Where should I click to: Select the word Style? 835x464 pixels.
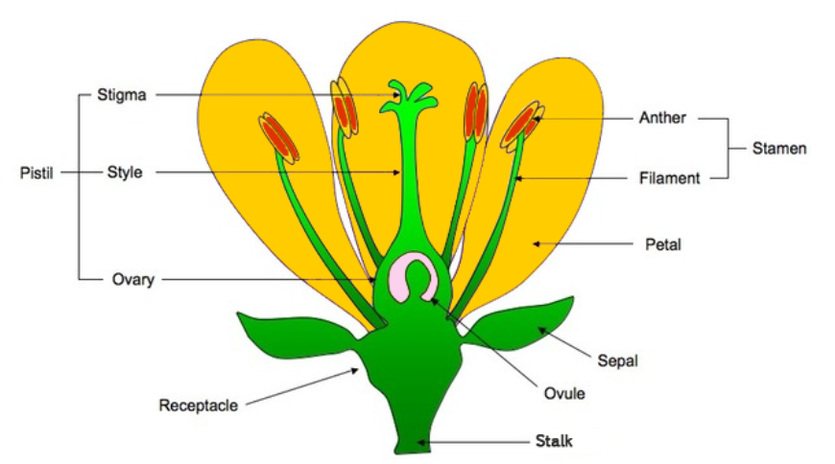tap(125, 173)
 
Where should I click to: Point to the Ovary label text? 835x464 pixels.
tap(131, 280)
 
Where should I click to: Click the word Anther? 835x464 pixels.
tap(662, 119)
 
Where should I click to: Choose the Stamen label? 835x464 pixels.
tap(778, 149)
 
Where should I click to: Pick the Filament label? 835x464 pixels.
tap(669, 178)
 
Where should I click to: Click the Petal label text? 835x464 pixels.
tap(662, 244)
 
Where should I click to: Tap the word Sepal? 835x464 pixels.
tap(617, 361)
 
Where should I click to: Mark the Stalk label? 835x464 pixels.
tap(553, 442)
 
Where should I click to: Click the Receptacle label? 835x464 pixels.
tap(198, 406)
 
